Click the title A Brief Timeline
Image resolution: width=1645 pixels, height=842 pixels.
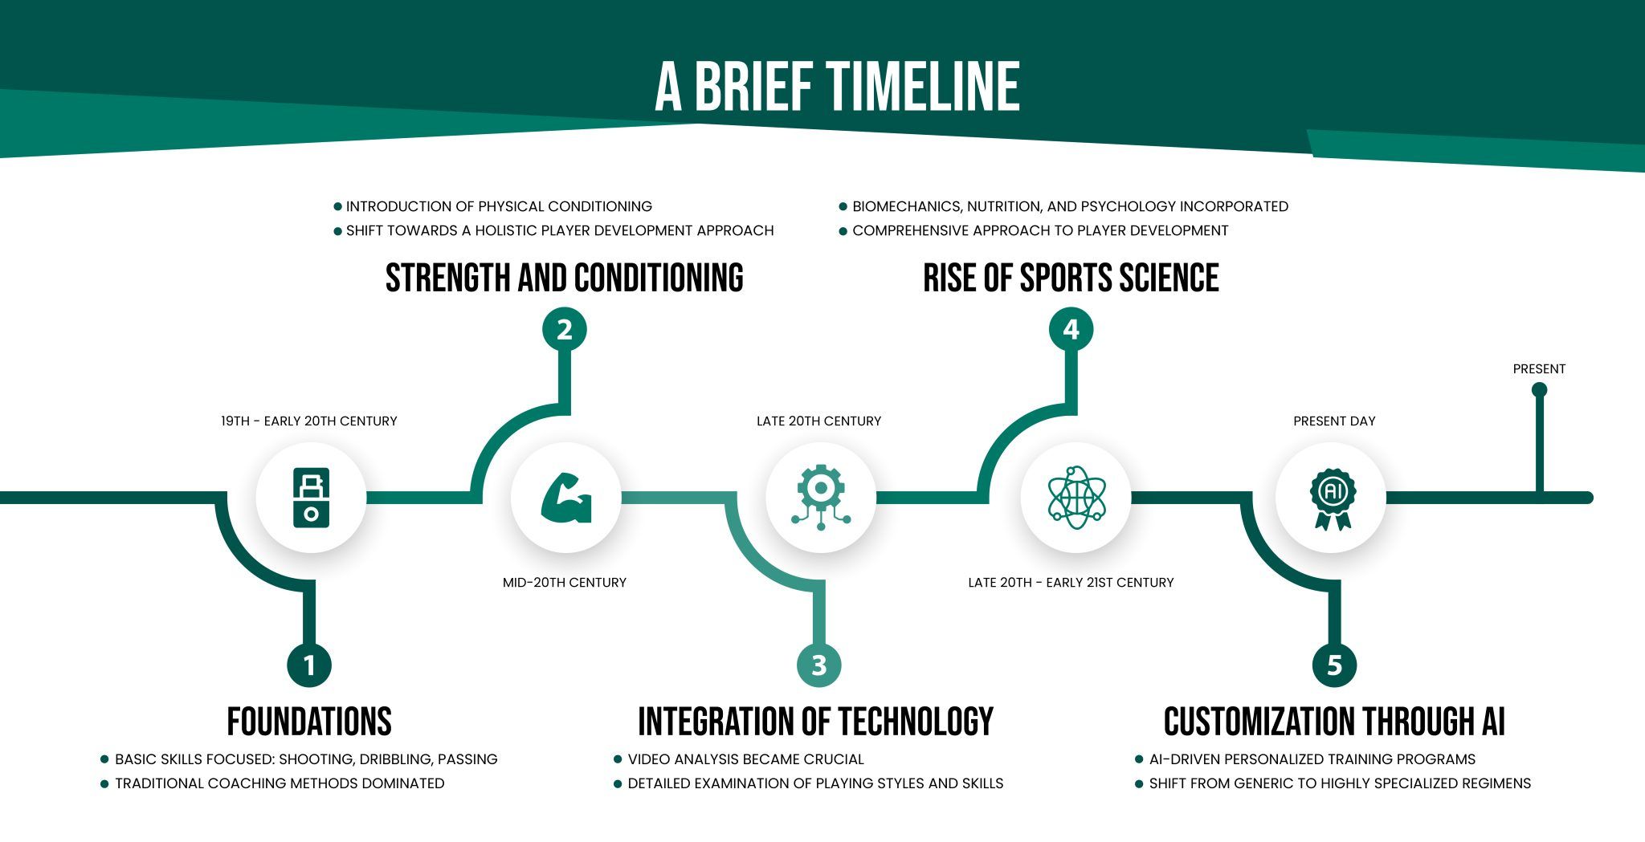(837, 87)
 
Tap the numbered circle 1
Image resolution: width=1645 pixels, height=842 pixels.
(309, 665)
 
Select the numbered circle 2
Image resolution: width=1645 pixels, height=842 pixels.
(565, 329)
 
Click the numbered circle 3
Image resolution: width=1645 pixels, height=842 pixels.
(819, 665)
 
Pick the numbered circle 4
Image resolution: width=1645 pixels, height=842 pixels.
(1071, 329)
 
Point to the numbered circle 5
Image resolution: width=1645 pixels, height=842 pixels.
(1335, 665)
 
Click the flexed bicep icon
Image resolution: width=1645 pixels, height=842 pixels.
(566, 498)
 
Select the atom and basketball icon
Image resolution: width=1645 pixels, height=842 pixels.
(1076, 498)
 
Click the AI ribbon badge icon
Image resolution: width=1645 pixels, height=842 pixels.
(1333, 498)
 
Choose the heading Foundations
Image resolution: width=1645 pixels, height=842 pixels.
(309, 721)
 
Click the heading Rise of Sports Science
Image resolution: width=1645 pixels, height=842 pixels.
(1071, 278)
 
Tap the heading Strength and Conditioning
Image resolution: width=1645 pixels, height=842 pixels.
(565, 278)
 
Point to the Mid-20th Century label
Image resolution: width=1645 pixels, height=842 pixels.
(565, 583)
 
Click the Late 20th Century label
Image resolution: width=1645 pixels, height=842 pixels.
(819, 421)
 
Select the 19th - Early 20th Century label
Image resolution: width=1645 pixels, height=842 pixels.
(309, 421)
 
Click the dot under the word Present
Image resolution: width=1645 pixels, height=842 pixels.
(1539, 390)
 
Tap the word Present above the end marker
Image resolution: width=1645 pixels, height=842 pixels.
(1539, 369)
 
